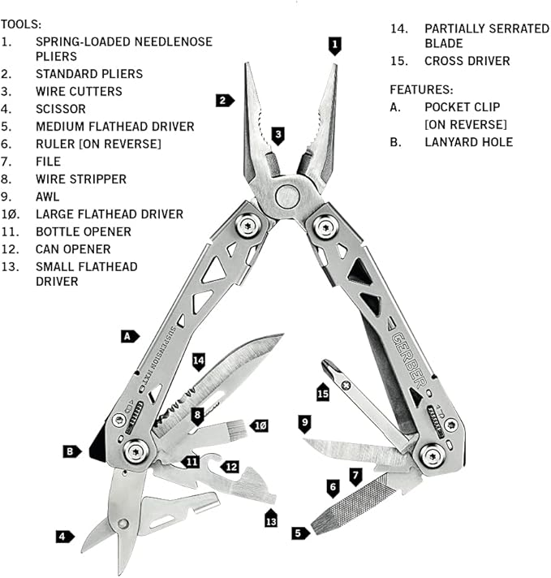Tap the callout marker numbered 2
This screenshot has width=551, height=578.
(x=224, y=101)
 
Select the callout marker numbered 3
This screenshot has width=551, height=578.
(x=278, y=135)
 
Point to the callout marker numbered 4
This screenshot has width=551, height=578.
(x=63, y=536)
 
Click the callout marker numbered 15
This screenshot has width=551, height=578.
(x=323, y=393)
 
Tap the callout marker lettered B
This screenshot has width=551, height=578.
(x=73, y=451)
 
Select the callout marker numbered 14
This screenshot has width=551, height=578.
(x=199, y=358)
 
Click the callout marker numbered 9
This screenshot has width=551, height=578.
(x=304, y=422)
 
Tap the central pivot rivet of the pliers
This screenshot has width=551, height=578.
(x=286, y=196)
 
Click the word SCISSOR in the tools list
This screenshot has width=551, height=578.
(x=60, y=109)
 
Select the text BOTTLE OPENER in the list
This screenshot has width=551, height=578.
(x=83, y=231)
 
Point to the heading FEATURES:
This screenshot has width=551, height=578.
(x=421, y=89)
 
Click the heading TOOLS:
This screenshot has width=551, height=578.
(x=20, y=25)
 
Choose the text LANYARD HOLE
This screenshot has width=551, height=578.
(x=468, y=142)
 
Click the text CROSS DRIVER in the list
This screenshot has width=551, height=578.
(x=467, y=61)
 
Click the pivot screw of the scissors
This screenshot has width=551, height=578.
(x=122, y=524)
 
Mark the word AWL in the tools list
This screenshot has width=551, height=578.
(x=47, y=196)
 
